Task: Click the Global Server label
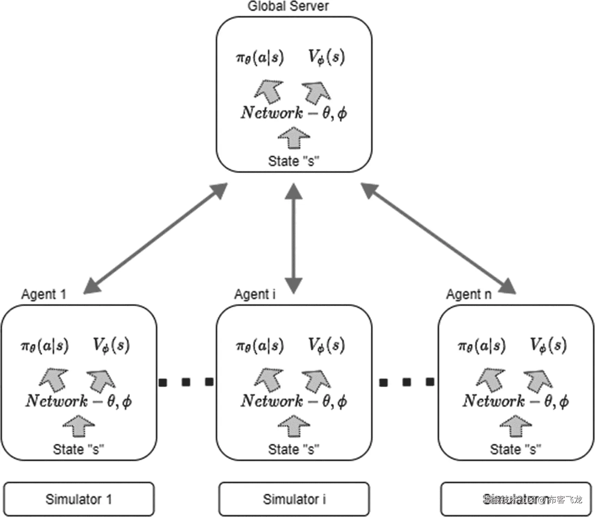288,6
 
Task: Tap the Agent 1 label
44,294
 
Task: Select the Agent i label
255,294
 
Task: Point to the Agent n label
469,294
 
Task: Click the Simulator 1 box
79,499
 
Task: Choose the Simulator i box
294,499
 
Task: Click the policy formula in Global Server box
260,58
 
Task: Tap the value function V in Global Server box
326,58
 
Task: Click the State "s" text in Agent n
515,449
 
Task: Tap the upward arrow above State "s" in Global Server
294,138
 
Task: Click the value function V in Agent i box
326,345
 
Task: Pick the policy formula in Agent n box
482,345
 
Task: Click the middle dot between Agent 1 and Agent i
186,382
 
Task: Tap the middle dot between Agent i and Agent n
407,382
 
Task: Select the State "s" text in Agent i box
294,449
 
